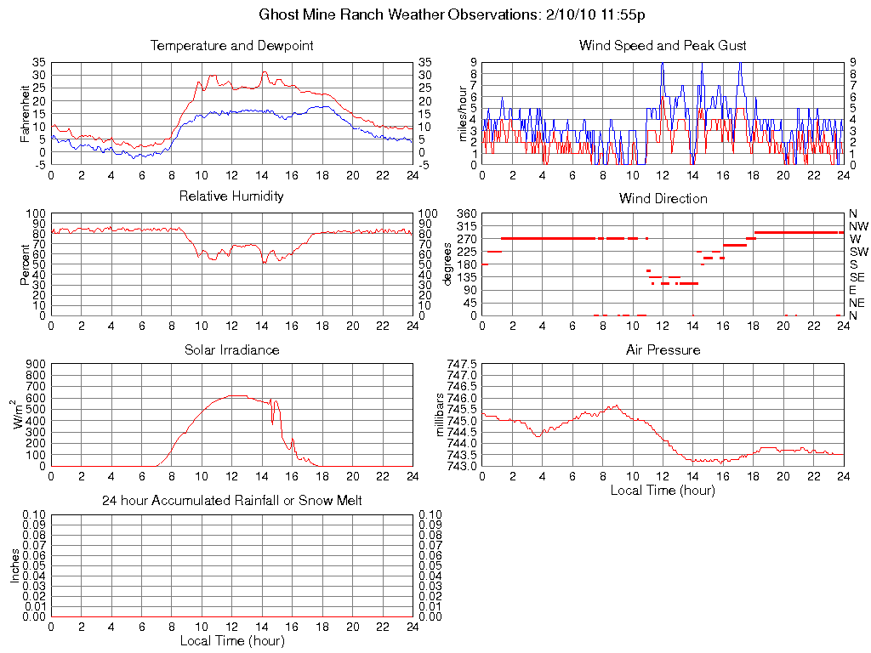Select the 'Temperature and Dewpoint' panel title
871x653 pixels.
click(x=231, y=46)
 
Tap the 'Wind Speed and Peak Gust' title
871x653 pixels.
click(x=663, y=46)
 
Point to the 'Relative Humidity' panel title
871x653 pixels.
click(x=231, y=196)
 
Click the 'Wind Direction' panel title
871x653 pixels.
click(x=663, y=199)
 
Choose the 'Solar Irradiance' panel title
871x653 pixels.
click(x=231, y=350)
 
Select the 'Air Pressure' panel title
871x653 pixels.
click(x=663, y=350)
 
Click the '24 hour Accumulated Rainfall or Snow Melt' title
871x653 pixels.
click(x=231, y=501)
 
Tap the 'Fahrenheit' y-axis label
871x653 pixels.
click(x=25, y=114)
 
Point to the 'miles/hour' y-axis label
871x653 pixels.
click(x=464, y=114)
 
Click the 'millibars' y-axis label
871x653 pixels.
click(x=441, y=415)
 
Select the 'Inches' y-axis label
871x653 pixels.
click(x=14, y=565)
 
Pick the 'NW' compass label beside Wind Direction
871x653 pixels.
click(x=858, y=226)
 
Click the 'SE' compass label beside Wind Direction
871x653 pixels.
click(x=857, y=277)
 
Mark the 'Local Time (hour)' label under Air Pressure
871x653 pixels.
click(x=663, y=490)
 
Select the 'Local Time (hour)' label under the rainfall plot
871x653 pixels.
click(x=231, y=640)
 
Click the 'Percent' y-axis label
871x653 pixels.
click(x=25, y=264)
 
